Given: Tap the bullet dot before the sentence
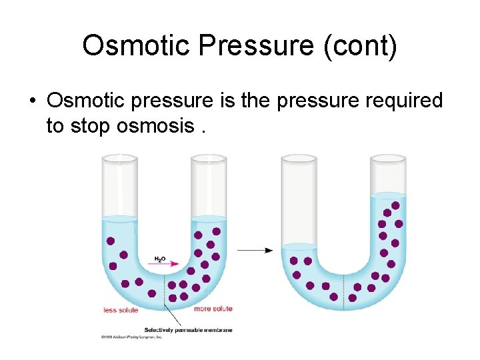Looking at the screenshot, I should point(31,101).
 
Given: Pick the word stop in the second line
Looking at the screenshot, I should point(91,125).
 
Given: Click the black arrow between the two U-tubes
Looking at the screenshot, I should point(255,251).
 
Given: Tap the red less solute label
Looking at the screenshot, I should point(121,310).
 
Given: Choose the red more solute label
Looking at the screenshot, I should point(213,309).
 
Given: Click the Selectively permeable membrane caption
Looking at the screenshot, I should point(188,330).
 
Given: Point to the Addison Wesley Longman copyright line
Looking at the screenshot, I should point(132,337).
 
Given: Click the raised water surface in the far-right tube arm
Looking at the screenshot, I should point(388,195).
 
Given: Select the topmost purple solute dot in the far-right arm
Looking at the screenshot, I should point(395,205).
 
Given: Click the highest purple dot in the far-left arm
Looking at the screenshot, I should point(111,241).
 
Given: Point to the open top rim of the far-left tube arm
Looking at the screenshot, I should point(119,159).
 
